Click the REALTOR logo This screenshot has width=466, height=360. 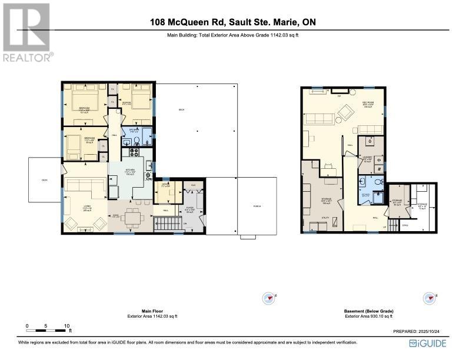pos(26,32)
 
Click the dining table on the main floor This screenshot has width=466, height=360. pos(133,218)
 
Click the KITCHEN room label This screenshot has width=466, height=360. pos(130,171)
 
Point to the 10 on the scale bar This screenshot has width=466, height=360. pos(67,325)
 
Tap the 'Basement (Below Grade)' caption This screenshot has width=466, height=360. pos(368,311)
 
